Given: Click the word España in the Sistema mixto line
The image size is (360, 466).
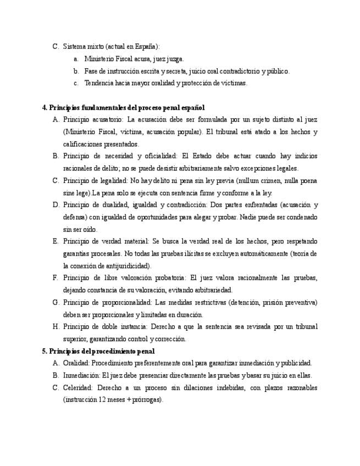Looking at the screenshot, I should coord(147,47).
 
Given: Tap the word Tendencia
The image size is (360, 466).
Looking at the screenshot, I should coord(99,83).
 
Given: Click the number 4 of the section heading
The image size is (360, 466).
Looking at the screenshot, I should coord(44,107).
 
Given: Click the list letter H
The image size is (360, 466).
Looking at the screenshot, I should coord(56,326).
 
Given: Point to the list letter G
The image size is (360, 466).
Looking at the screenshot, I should coord(56,302).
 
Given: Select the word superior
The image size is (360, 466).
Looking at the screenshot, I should coord(76,339).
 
